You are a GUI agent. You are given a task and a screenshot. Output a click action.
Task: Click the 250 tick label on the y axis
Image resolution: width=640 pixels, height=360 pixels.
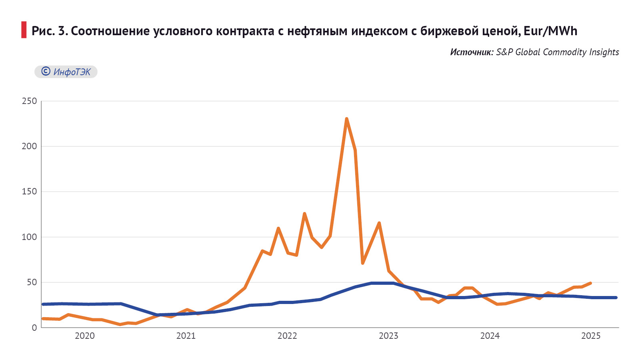coord(29,101)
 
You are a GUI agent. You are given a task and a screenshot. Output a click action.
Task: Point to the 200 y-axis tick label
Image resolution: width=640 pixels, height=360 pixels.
coord(29,146)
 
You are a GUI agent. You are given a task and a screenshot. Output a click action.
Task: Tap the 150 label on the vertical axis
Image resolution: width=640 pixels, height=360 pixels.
coord(29,192)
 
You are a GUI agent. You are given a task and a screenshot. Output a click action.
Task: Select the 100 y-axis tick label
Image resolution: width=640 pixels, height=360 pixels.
coord(29,237)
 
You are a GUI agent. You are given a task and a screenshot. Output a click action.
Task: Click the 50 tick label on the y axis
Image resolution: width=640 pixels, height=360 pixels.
coord(32,282)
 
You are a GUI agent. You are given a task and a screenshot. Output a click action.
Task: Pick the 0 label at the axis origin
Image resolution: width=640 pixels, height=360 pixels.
coord(34,328)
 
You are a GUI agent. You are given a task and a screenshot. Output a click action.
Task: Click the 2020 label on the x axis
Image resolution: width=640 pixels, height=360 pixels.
coord(85,336)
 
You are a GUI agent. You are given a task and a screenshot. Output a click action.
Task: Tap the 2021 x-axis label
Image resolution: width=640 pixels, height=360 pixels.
coord(186,336)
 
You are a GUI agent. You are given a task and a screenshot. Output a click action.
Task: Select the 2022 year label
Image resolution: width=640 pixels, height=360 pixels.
coord(287,336)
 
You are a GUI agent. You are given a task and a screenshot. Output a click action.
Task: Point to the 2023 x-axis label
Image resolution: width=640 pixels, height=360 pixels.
coord(388,336)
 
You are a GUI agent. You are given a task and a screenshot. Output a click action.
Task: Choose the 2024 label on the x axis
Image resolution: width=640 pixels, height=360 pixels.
coord(490,336)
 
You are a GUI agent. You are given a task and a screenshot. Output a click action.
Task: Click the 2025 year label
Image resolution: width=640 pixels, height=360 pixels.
coord(591,336)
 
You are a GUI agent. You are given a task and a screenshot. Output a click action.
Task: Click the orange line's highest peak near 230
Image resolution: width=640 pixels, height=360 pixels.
coord(346,119)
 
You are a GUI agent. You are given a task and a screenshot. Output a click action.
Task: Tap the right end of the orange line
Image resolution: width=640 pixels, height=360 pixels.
coord(590,283)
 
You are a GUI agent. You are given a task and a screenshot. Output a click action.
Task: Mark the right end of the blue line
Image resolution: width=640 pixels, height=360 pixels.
coord(616,298)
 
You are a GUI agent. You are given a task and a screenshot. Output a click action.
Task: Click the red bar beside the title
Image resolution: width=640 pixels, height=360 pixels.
coord(24,30)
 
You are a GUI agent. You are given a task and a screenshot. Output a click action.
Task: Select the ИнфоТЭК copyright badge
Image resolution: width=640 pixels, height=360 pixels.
coord(66,72)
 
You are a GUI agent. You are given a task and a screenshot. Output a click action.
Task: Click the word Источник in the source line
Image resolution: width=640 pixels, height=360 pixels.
coord(472,52)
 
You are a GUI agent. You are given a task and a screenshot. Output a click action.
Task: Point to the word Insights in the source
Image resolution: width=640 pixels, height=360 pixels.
coord(604,52)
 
